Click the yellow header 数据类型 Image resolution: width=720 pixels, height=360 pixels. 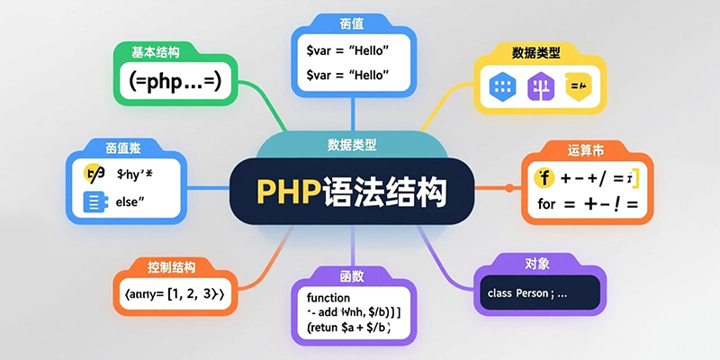click(536, 53)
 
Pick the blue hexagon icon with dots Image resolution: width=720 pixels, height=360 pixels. click(500, 87)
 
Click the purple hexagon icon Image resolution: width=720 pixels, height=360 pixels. click(539, 87)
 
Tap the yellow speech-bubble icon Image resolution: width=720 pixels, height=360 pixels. click(576, 87)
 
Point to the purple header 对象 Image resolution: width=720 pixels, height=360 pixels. click(536, 264)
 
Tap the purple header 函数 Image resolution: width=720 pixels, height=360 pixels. click(352, 275)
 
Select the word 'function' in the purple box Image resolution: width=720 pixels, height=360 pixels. click(328, 298)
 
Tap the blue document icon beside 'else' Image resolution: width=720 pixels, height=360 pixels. click(93, 202)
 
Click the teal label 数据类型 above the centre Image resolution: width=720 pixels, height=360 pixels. click(352, 144)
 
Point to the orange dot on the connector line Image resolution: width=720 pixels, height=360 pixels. click(509, 188)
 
